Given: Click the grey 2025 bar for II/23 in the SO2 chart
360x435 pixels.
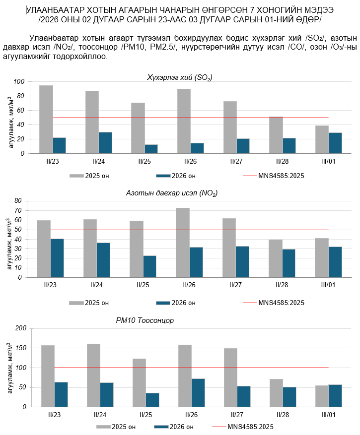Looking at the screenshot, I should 46,119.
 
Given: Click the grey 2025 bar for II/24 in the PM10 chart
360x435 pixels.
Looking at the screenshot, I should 93,375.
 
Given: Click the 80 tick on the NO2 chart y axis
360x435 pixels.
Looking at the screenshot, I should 19,201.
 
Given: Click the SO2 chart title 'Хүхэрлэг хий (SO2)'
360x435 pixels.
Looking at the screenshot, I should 180,77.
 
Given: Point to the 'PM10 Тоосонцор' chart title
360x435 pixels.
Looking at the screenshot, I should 148,320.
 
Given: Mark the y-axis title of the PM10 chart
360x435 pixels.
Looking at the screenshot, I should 10,368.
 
